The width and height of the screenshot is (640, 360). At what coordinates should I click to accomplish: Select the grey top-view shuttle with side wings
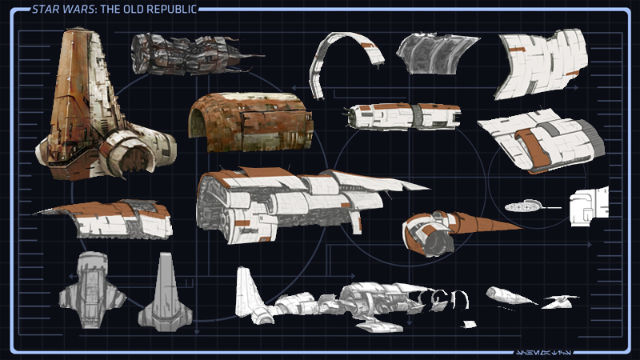pyautogui.click(x=91, y=289)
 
